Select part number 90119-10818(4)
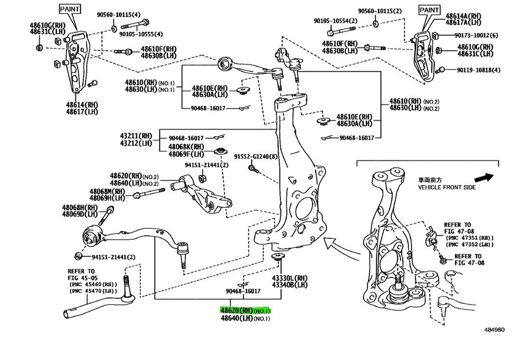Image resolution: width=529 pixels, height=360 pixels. click(x=478, y=70)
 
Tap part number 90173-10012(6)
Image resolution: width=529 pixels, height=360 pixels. click(x=477, y=35)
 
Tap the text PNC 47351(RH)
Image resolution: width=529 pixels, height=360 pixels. click(x=468, y=238)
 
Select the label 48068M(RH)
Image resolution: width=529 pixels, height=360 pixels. click(x=107, y=191)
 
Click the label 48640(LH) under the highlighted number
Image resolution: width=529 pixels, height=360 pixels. click(x=245, y=318)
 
